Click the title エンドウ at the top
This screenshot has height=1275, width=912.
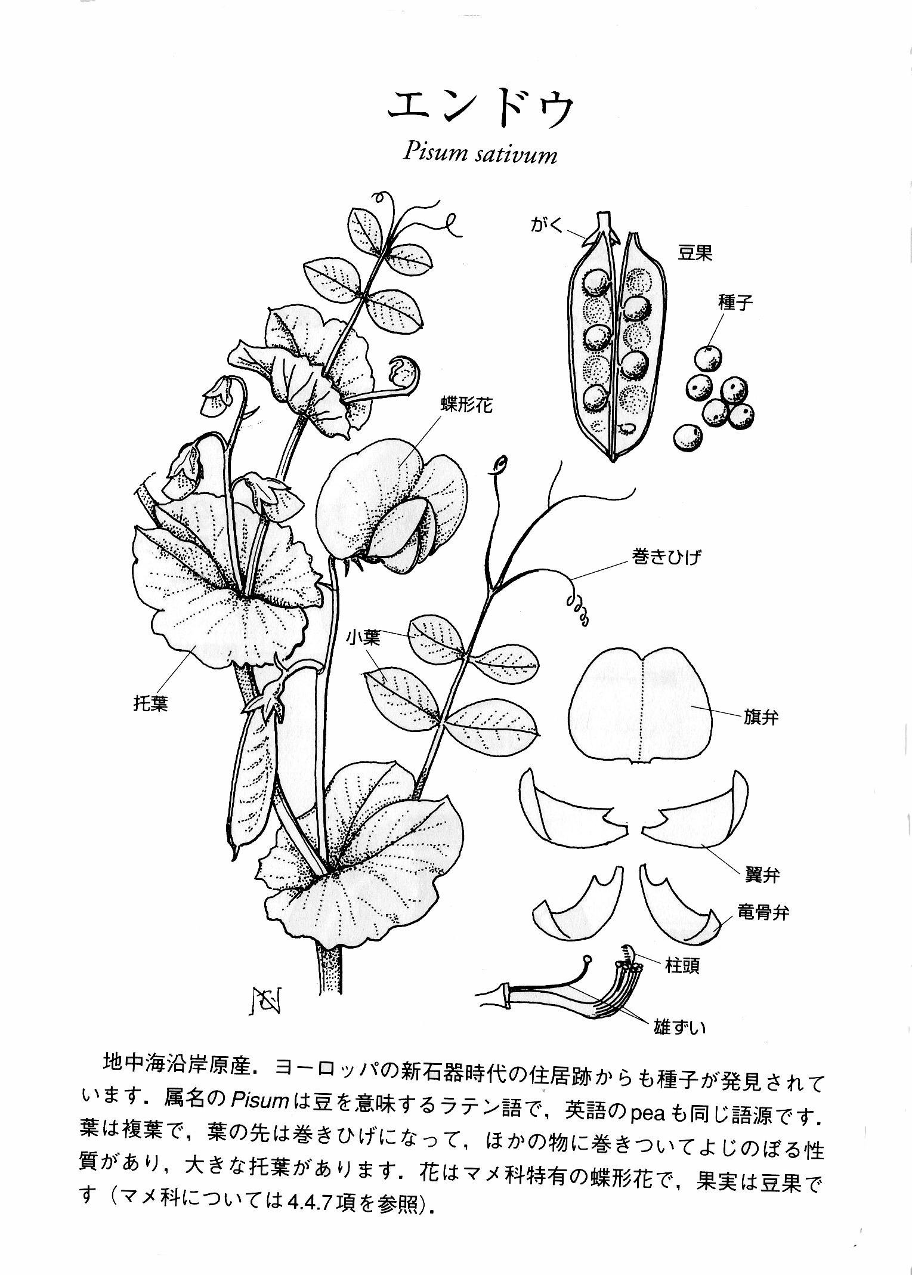pos(481,110)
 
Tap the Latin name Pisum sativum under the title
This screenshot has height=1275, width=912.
pos(480,154)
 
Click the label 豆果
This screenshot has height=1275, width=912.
pos(695,254)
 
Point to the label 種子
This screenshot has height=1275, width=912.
pos(735,302)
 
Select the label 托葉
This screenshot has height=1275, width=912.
pos(150,703)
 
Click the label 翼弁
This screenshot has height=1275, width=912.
pos(762,875)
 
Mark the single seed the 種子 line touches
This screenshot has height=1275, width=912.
pos(708,357)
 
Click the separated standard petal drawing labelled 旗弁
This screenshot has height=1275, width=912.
pos(641,705)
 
